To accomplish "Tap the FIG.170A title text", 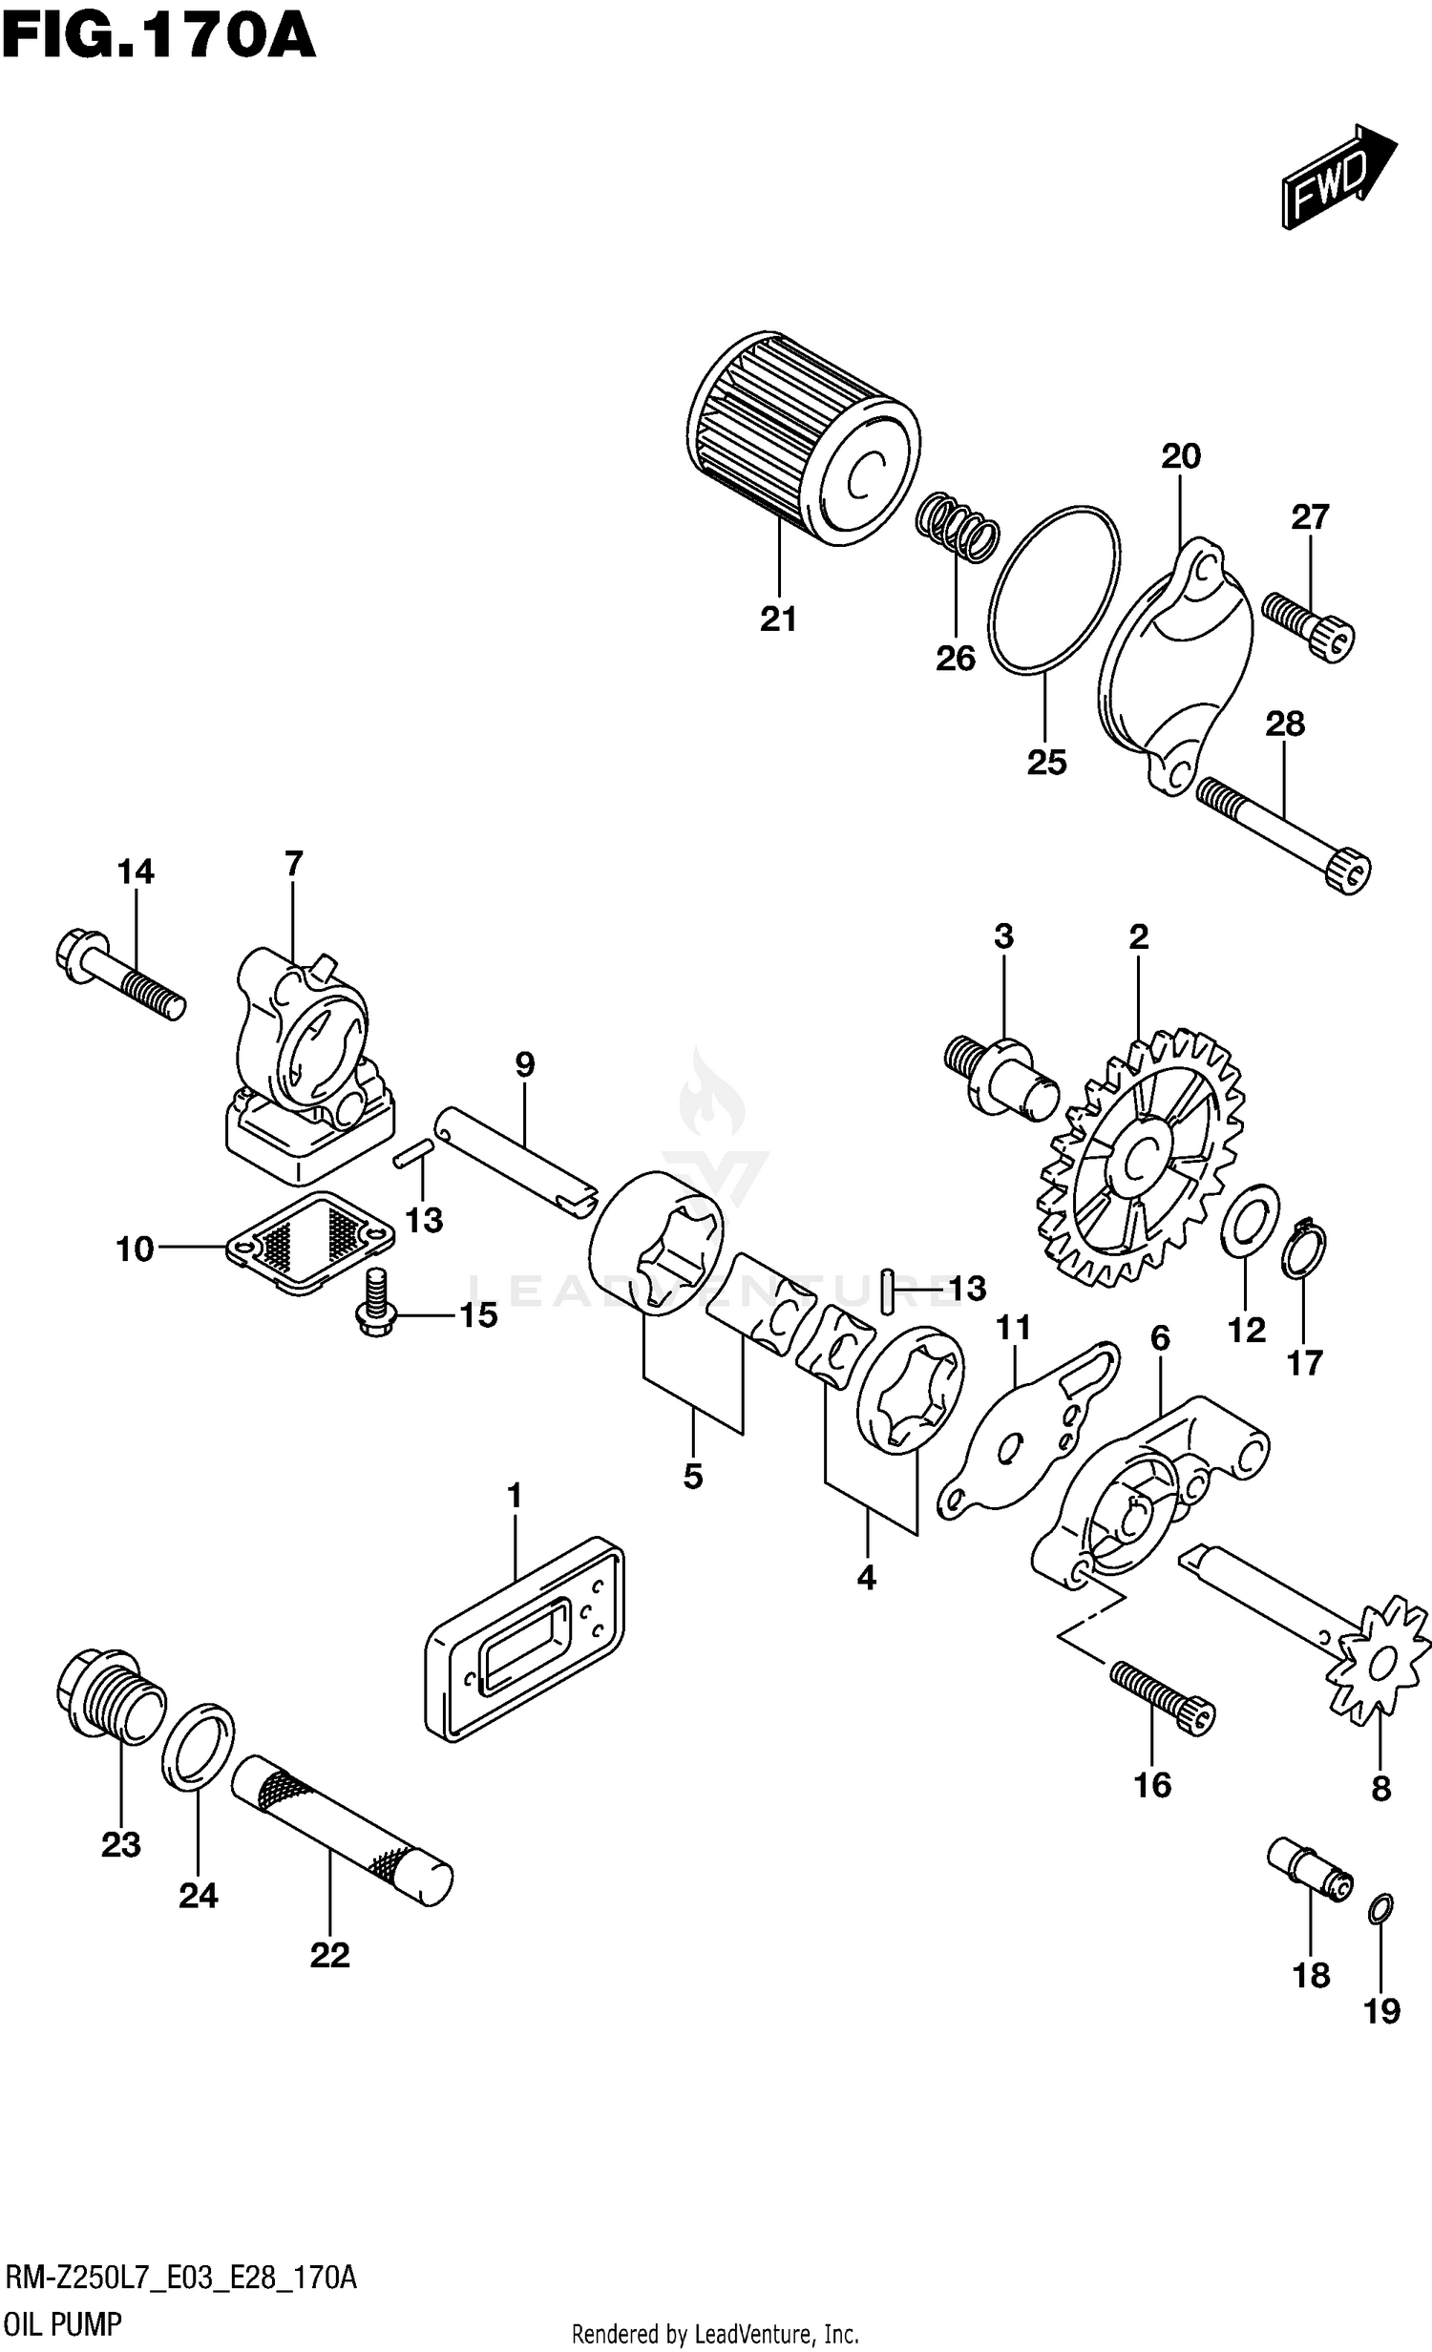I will pos(158,38).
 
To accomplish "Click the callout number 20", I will pos(1181,456).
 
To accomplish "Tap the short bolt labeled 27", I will pos(1309,625).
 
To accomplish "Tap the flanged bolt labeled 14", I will pos(119,975).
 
